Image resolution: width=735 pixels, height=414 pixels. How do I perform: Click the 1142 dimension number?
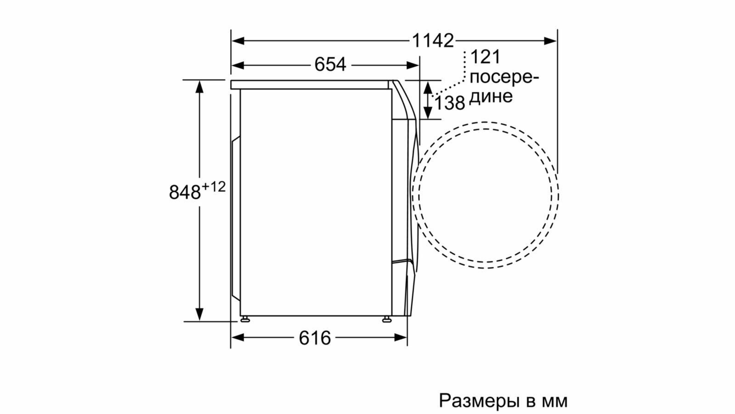[x=432, y=41]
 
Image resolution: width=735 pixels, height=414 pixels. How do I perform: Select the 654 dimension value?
[x=330, y=64]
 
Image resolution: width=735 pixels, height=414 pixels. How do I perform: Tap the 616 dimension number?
[x=315, y=338]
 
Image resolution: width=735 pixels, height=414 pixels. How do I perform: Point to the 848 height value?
[x=185, y=192]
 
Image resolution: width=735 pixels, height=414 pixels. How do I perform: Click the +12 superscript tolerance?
[x=214, y=187]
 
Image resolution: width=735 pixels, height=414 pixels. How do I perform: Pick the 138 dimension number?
[x=450, y=103]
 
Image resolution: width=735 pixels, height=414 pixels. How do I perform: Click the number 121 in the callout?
[x=485, y=57]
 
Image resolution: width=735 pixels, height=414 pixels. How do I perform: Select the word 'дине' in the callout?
[x=491, y=97]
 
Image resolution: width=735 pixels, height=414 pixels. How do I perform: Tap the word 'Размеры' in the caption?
[x=479, y=401]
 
